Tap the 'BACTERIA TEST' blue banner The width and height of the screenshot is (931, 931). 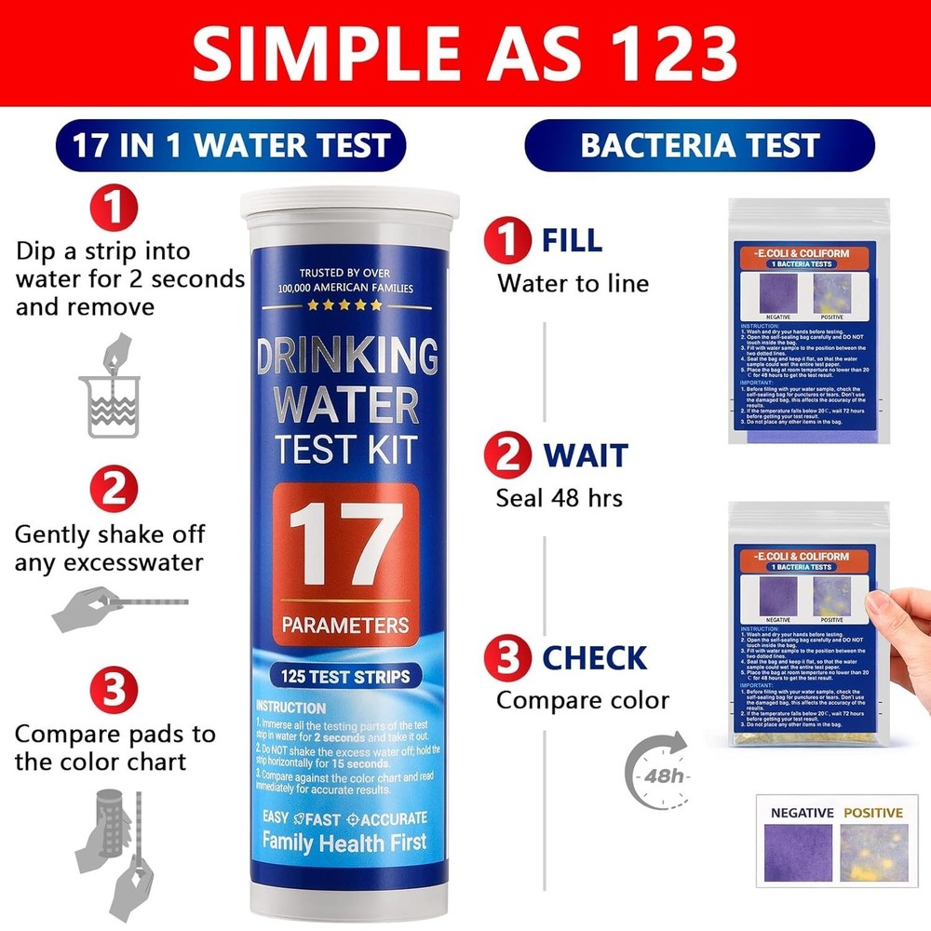[x=699, y=145]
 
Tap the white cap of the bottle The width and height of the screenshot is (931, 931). [x=350, y=206]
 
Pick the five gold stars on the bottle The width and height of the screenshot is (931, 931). [x=345, y=304]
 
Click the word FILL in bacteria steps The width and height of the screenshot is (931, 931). [x=572, y=240]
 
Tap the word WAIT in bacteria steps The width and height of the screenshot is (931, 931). [x=586, y=456]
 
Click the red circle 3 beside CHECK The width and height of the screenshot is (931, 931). [x=506, y=657]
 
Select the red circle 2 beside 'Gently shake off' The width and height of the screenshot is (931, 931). [x=113, y=490]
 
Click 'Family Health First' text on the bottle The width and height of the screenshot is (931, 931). [x=344, y=842]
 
